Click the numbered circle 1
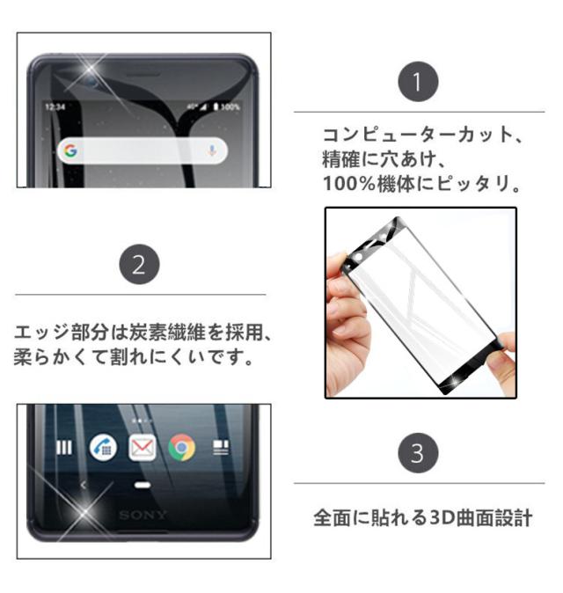point(418,82)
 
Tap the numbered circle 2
point(139,264)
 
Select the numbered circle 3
point(418,453)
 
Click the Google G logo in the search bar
point(70,150)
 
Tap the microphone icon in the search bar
point(212,150)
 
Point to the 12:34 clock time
point(55,107)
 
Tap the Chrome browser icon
point(182,448)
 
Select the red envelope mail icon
point(143,448)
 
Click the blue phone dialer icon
point(103,448)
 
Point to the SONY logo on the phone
point(143,515)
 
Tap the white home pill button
point(143,485)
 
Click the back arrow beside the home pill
point(84,485)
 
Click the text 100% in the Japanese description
point(349,184)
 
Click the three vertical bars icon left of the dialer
point(64,448)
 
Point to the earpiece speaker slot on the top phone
point(143,73)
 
